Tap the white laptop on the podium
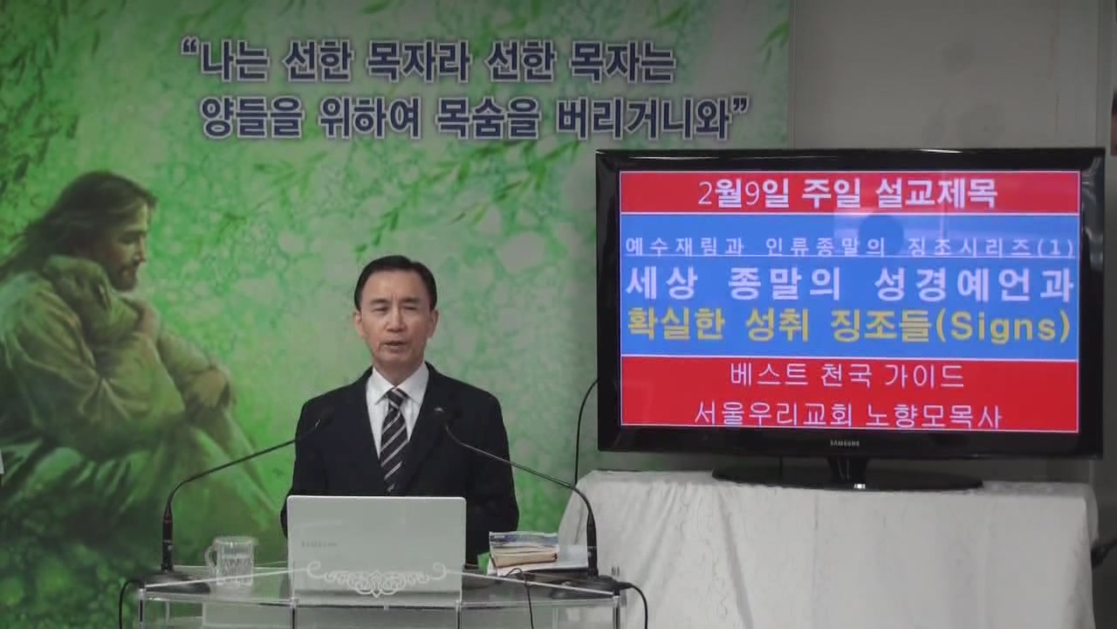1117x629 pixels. coord(376,544)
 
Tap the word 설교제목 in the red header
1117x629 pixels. coord(936,193)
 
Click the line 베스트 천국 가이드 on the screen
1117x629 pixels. coord(847,376)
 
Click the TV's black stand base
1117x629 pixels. coord(847,480)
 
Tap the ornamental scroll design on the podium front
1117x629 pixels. coord(375,578)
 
